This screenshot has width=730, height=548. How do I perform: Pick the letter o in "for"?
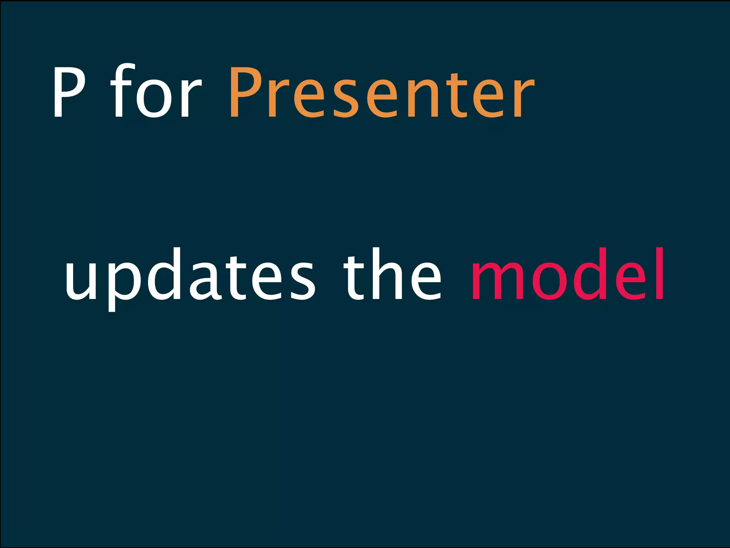pos(154,98)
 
